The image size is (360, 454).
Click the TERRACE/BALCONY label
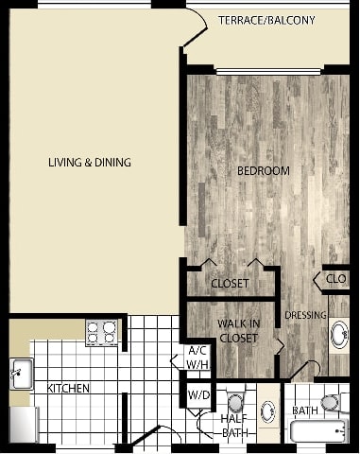tap(266, 20)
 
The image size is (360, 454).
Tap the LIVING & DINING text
tap(90, 163)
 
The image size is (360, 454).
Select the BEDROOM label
tap(263, 170)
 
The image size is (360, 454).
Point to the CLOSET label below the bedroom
tap(230, 283)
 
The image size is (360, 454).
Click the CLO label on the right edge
tap(336, 280)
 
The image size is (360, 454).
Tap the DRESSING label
tap(305, 315)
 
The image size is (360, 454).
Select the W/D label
tap(198, 395)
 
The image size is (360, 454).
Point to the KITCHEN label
tap(69, 389)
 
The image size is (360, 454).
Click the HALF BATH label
tap(233, 426)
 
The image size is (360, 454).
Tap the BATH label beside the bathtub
tap(304, 410)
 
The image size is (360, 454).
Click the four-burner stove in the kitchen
tap(102, 333)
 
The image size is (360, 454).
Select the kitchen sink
tap(21, 375)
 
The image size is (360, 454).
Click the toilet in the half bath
tap(235, 401)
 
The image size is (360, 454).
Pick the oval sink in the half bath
tap(267, 413)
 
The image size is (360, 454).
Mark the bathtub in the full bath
tap(319, 433)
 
